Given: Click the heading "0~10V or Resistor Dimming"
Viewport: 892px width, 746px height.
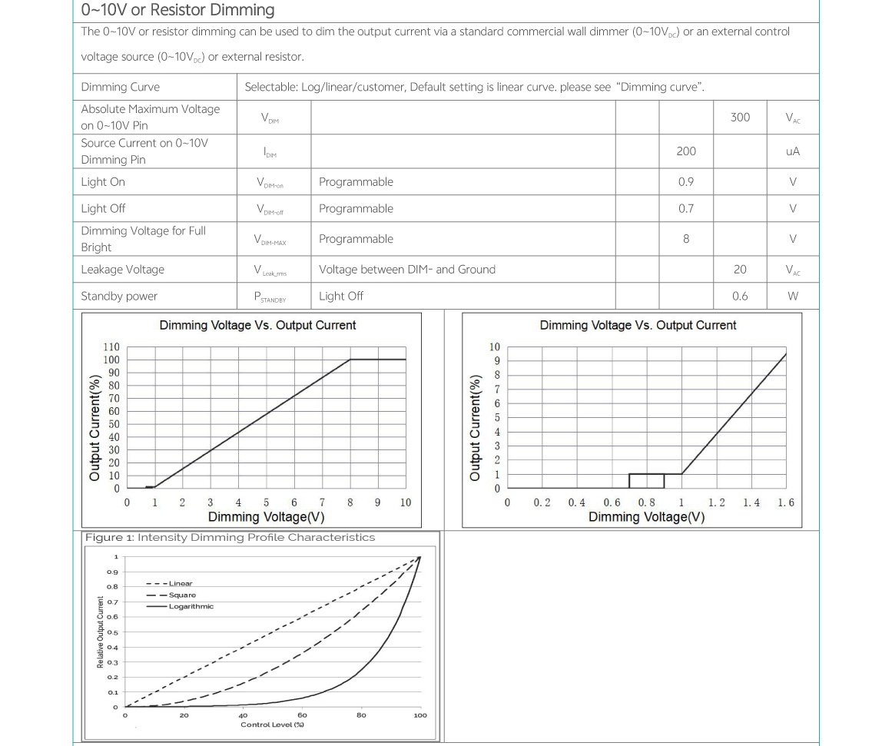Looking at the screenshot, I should [x=177, y=10].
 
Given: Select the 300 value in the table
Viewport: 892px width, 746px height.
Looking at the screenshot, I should [x=740, y=117].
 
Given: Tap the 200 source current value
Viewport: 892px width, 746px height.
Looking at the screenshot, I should [x=686, y=151].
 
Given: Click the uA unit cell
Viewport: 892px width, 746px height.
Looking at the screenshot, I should [x=793, y=151].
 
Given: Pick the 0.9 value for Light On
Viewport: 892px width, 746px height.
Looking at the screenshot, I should [x=686, y=182].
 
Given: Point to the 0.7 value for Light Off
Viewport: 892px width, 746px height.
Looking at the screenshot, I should [x=686, y=208].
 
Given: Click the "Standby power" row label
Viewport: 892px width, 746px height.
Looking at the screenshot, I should [x=119, y=296].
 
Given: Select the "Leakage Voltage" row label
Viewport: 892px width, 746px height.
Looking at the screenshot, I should [x=123, y=270].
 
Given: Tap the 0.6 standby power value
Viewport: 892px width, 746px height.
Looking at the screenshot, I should [x=740, y=296].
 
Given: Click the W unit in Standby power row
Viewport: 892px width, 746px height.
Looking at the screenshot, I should [x=793, y=296].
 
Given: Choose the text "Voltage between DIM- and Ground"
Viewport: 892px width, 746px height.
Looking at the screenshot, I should [x=407, y=270].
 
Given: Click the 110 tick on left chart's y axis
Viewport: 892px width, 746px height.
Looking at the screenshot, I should [x=111, y=347].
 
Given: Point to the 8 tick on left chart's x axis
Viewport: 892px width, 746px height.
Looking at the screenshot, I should [x=350, y=502].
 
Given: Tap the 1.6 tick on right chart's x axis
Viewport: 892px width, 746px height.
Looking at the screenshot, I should [x=786, y=502].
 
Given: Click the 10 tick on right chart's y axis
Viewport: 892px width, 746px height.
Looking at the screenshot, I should [x=495, y=347].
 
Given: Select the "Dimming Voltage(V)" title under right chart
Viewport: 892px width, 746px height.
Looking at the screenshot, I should [x=646, y=517].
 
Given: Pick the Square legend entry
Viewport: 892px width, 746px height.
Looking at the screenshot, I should [x=182, y=595].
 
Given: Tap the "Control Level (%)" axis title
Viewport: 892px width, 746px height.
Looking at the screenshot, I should [x=273, y=724].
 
